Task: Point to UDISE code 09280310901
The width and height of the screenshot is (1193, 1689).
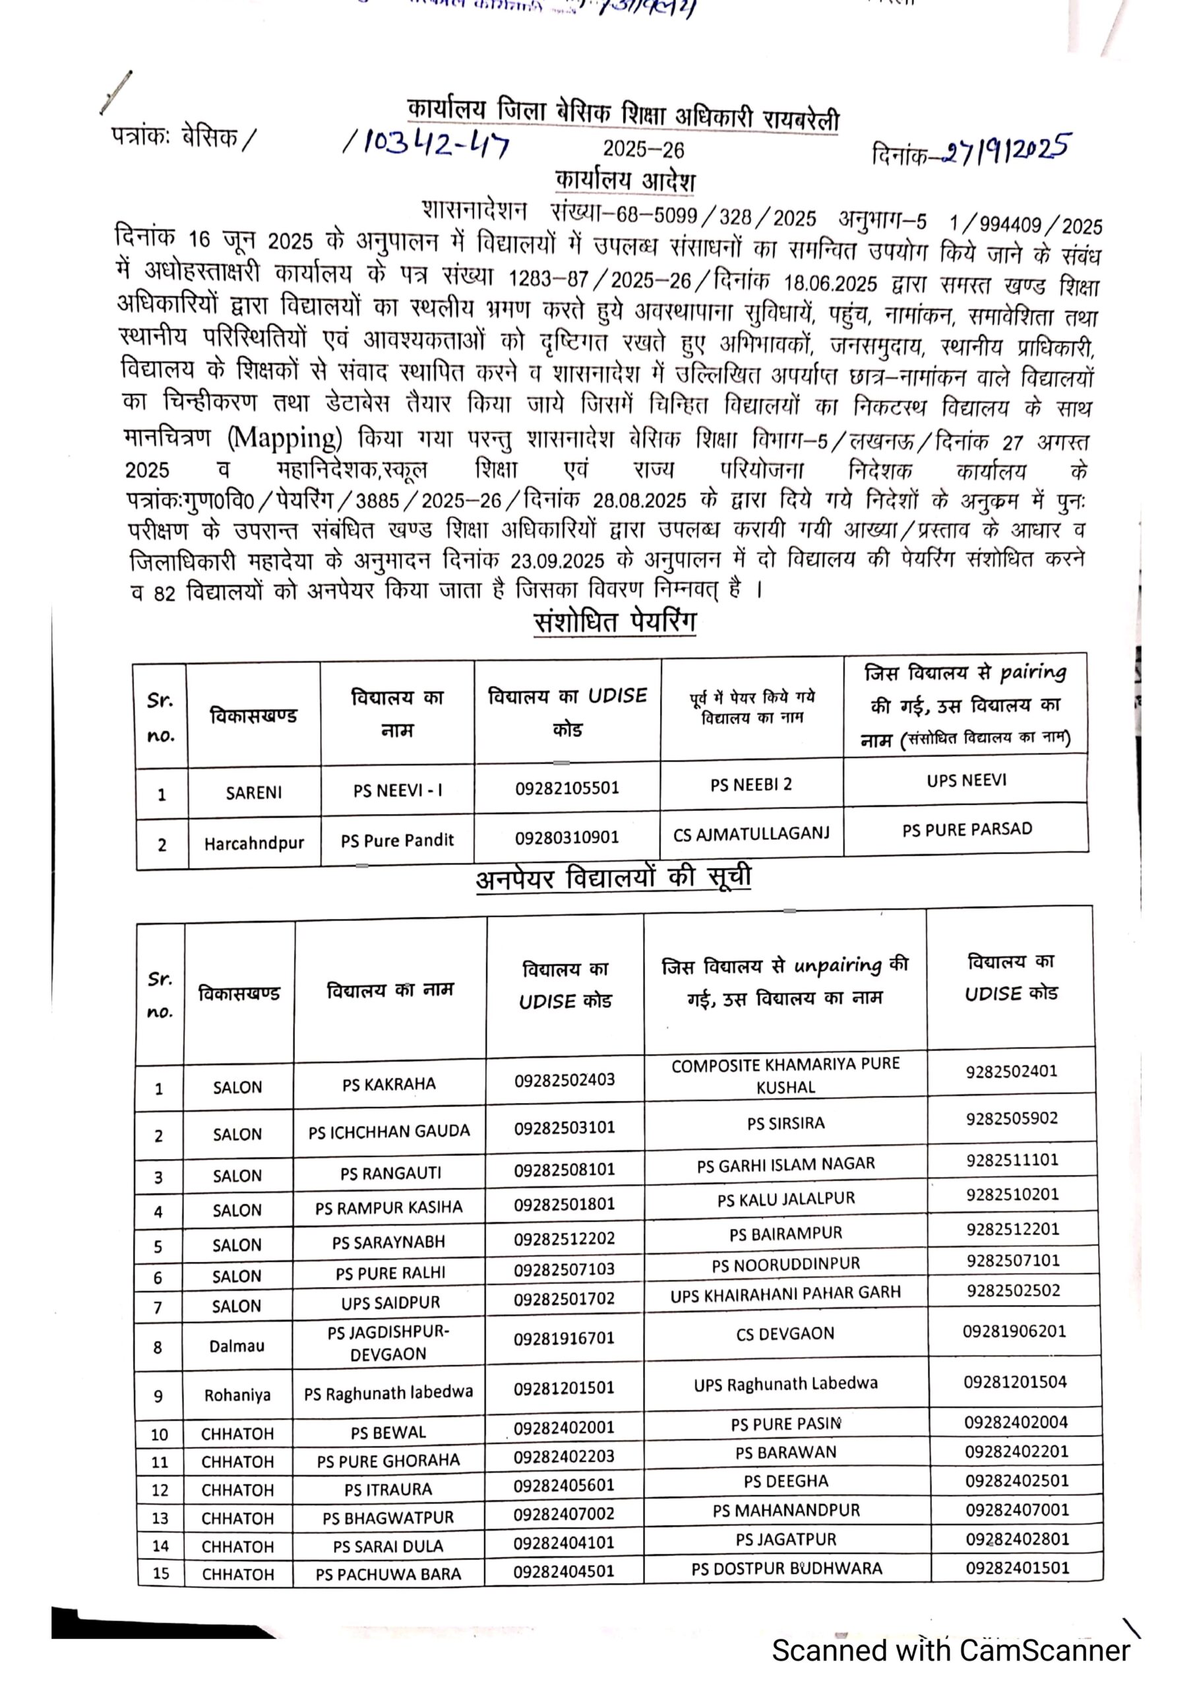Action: click(566, 837)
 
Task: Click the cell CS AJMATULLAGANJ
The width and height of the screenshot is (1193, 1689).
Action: click(751, 833)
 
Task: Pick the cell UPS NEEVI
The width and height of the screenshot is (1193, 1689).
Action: click(966, 781)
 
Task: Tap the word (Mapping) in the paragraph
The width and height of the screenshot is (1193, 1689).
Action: click(285, 439)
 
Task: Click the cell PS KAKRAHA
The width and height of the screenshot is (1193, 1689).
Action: click(389, 1083)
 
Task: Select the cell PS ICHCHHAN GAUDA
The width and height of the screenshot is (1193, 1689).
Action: click(389, 1131)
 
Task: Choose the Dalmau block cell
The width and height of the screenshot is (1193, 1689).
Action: click(237, 1345)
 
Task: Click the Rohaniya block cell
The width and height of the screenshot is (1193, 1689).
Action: click(237, 1395)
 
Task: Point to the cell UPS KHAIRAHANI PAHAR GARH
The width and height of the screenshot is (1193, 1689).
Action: click(785, 1294)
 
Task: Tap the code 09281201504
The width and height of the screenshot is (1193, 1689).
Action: click(1015, 1382)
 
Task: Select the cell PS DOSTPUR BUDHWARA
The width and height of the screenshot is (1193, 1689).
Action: click(786, 1568)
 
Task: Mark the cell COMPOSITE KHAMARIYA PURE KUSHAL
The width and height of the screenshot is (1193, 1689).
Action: click(785, 1075)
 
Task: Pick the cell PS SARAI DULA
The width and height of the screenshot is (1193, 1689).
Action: click(388, 1546)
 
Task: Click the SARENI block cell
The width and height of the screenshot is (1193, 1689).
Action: click(254, 792)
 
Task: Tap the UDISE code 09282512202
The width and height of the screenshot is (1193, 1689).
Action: click(564, 1238)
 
